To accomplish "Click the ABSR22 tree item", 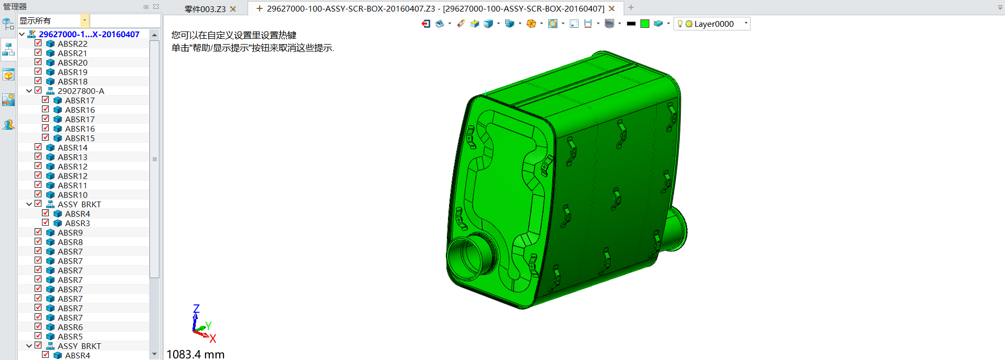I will coord(72,44).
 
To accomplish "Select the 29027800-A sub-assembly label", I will coord(81,91).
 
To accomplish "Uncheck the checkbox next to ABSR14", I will coord(38,147).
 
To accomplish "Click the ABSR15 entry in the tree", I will coord(80,138).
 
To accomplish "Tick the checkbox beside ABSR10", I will coord(38,195).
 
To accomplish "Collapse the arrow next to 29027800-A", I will coord(29,91).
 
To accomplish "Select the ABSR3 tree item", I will coord(77,223).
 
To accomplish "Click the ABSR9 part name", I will coord(70,232).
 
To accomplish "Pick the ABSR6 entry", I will coord(70,327).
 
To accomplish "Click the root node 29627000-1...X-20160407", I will coord(89,34).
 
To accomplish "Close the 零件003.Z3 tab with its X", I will coord(233,9).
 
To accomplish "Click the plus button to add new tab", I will coord(631,7).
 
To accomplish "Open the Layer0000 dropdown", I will coord(746,24).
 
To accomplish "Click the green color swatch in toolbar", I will coord(645,24).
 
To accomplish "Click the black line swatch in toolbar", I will coord(631,24).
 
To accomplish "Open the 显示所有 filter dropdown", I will coord(84,20).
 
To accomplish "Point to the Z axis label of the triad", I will coord(196,309).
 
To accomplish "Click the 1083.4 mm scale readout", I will coord(196,354).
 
